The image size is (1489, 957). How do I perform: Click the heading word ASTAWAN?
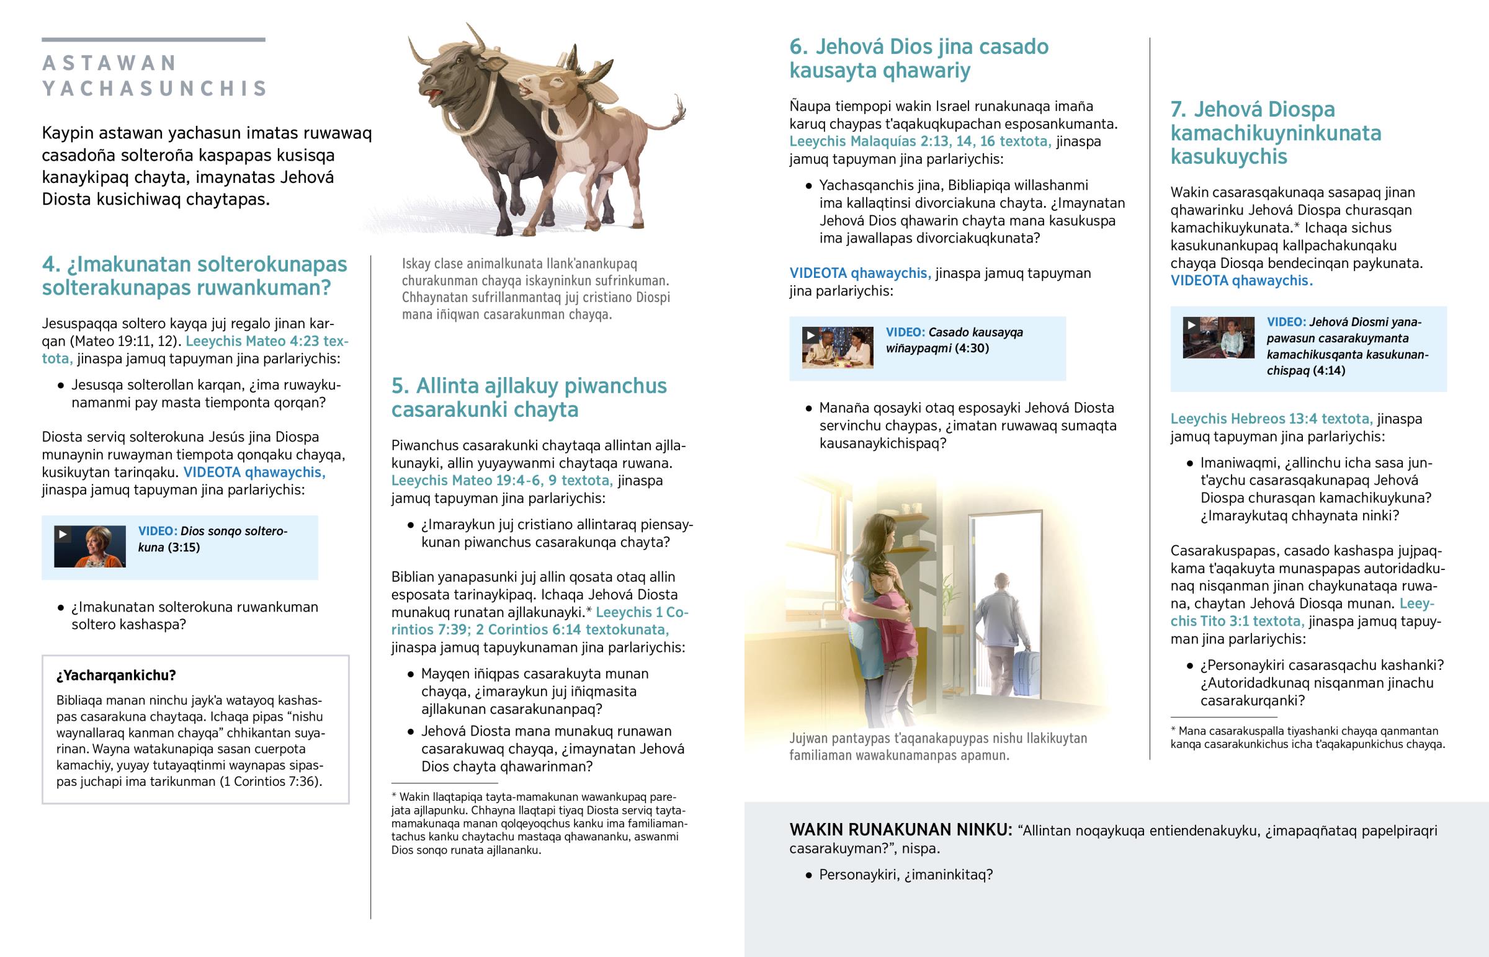(110, 63)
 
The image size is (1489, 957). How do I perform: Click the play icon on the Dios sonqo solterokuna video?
(63, 534)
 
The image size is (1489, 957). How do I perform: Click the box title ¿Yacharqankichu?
(116, 675)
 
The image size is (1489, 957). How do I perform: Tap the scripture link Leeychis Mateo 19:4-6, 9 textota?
(501, 481)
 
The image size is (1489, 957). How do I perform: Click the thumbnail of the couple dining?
(837, 348)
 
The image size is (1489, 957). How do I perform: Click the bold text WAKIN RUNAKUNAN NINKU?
(900, 830)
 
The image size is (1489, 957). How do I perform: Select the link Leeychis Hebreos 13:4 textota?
(1271, 419)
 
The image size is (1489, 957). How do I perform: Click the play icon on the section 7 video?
(1191, 324)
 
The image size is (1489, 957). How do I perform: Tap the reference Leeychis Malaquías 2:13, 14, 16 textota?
(919, 141)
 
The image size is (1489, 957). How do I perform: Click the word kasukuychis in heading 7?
(1228, 156)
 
